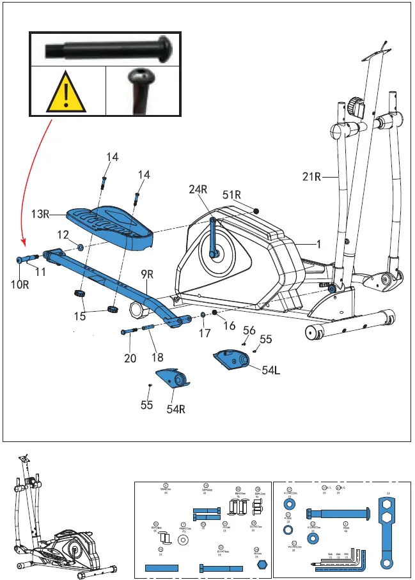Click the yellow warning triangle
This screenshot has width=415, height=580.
pyautogui.click(x=67, y=92)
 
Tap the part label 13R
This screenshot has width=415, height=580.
pyautogui.click(x=41, y=215)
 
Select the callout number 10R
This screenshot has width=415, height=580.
pyautogui.click(x=21, y=285)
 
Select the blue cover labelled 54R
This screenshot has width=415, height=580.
pyautogui.click(x=175, y=379)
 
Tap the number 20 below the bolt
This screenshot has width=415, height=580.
pyautogui.click(x=130, y=358)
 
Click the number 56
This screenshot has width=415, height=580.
pyautogui.click(x=249, y=330)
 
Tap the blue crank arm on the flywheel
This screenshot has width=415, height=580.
pyautogui.click(x=213, y=236)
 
